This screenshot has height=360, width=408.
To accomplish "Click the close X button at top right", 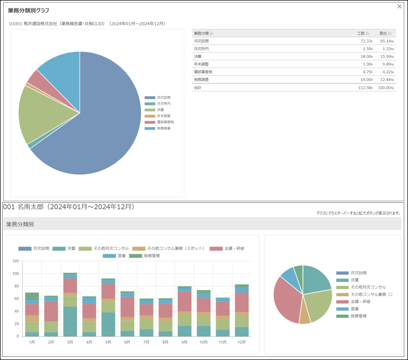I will [400, 7].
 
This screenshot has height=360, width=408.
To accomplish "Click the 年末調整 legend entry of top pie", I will [163, 116].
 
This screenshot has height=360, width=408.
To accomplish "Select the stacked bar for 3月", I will [70, 305].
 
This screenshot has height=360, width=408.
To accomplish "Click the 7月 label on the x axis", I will [146, 342].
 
